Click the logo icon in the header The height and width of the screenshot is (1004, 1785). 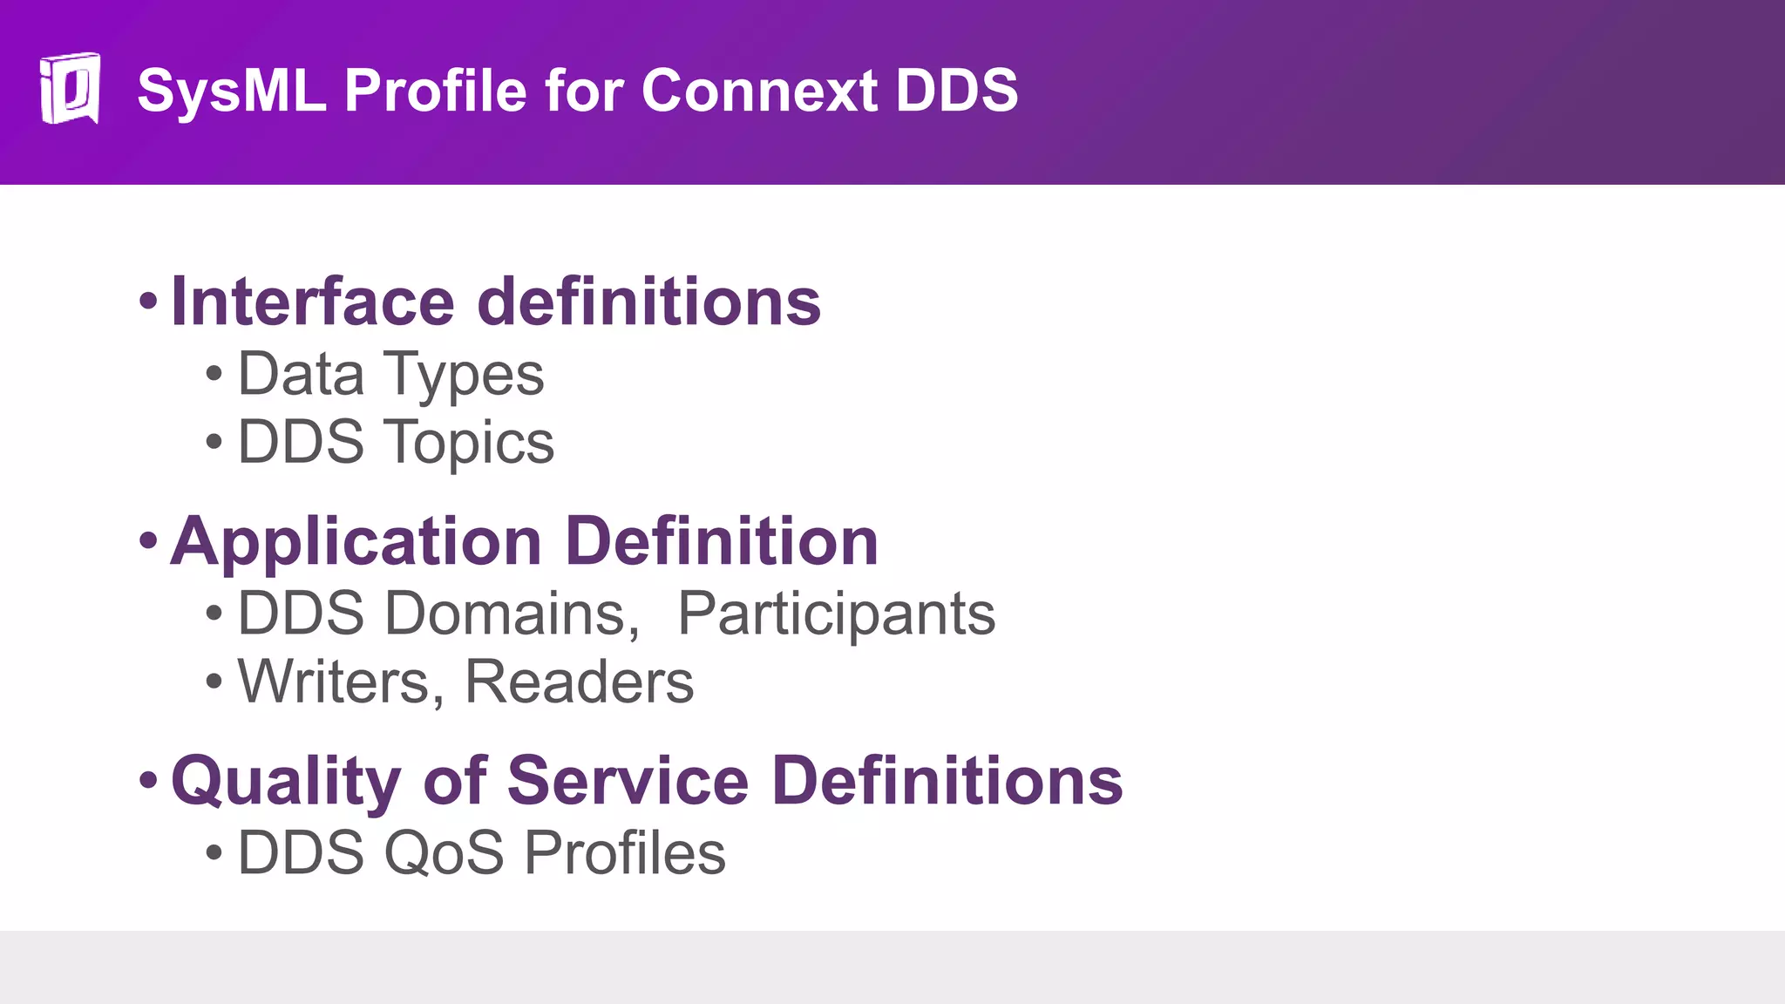(70, 88)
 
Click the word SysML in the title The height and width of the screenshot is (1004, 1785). (231, 90)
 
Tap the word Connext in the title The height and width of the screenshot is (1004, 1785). (758, 90)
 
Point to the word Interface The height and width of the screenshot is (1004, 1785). (313, 302)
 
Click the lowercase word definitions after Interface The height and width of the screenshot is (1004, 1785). (649, 302)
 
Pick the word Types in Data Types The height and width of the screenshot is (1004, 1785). (465, 375)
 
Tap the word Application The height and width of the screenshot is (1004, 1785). (356, 542)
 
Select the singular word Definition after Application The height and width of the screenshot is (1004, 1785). (722, 541)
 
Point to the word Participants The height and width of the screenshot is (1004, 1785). (836, 614)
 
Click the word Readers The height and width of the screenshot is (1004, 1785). (579, 682)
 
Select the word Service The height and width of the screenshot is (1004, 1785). (628, 780)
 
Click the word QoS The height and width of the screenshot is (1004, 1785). (444, 852)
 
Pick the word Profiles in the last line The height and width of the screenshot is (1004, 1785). (625, 852)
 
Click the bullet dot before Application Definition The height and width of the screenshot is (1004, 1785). (148, 540)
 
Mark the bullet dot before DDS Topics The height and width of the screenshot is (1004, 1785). (214, 442)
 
